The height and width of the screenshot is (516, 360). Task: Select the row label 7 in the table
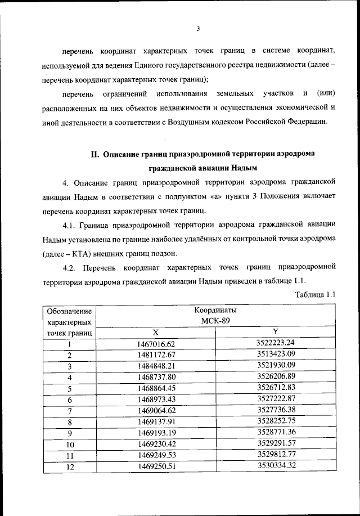point(70,411)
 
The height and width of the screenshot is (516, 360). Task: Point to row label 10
point(70,444)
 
